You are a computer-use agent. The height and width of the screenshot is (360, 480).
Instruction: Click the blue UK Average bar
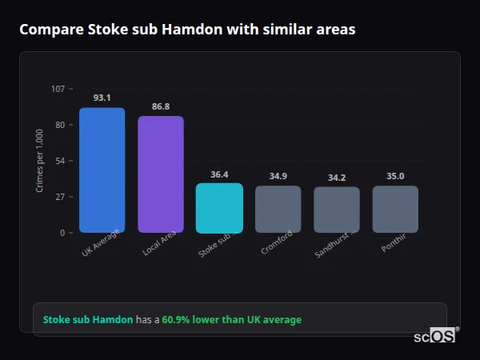tap(102, 170)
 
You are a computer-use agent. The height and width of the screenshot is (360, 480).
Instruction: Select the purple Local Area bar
tap(161, 174)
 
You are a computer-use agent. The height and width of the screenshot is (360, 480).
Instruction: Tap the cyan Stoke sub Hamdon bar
tap(219, 208)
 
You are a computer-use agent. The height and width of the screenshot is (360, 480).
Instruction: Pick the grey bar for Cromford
tap(278, 210)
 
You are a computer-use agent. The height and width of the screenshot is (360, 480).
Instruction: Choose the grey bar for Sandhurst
tap(337, 210)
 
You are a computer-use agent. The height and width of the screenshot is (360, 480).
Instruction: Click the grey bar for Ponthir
tap(395, 210)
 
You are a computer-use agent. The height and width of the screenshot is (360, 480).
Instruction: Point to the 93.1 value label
tap(102, 98)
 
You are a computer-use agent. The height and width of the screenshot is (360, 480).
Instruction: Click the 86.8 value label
tap(161, 106)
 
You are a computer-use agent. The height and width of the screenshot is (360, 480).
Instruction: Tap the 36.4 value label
tap(219, 174)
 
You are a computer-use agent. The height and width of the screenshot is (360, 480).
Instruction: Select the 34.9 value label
tap(278, 176)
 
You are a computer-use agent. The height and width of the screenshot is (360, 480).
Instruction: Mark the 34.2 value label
tap(337, 177)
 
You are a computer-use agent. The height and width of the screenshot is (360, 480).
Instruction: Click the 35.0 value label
tap(395, 176)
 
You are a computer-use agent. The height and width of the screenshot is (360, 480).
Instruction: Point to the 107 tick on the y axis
tap(58, 89)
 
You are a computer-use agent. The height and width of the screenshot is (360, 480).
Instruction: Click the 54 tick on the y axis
tap(60, 161)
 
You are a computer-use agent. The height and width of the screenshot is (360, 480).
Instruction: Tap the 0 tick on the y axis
tap(62, 233)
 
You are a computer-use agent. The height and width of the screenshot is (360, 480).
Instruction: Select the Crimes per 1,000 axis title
tap(39, 161)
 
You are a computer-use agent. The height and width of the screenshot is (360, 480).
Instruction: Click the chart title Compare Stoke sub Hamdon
tap(187, 30)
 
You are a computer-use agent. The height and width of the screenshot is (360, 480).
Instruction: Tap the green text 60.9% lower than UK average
tap(231, 320)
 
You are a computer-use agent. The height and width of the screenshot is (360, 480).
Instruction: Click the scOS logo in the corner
tap(434, 336)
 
